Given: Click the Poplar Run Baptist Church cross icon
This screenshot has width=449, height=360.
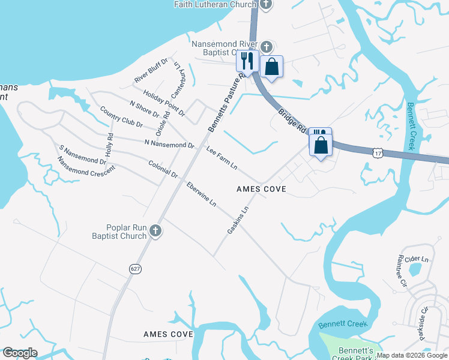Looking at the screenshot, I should (155, 231).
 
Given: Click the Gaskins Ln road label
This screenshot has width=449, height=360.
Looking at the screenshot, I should (238, 221).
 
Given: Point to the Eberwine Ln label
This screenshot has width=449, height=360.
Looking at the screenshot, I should (201, 194).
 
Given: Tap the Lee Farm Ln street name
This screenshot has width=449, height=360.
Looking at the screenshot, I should (222, 157).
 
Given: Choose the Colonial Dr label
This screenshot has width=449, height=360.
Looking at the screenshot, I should (163, 169).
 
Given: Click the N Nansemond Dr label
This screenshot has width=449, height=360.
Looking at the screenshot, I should (170, 145).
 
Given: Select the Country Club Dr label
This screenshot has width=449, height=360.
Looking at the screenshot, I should (121, 117).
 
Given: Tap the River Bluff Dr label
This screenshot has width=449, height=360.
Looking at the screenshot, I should (151, 71).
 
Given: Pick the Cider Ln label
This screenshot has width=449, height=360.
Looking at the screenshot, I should (417, 259).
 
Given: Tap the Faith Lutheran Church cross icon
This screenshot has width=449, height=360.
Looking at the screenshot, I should (266, 4).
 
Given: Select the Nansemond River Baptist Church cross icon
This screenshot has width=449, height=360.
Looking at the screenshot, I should (266, 46).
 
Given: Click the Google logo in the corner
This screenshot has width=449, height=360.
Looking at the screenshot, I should (19, 353).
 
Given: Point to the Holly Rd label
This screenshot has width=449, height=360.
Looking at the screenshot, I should (109, 145).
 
